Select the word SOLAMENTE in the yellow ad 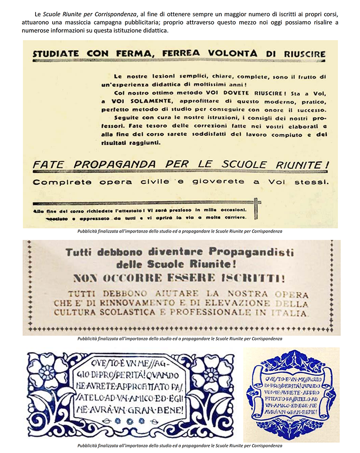point(128,102)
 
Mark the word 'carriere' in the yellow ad point(232,218)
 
